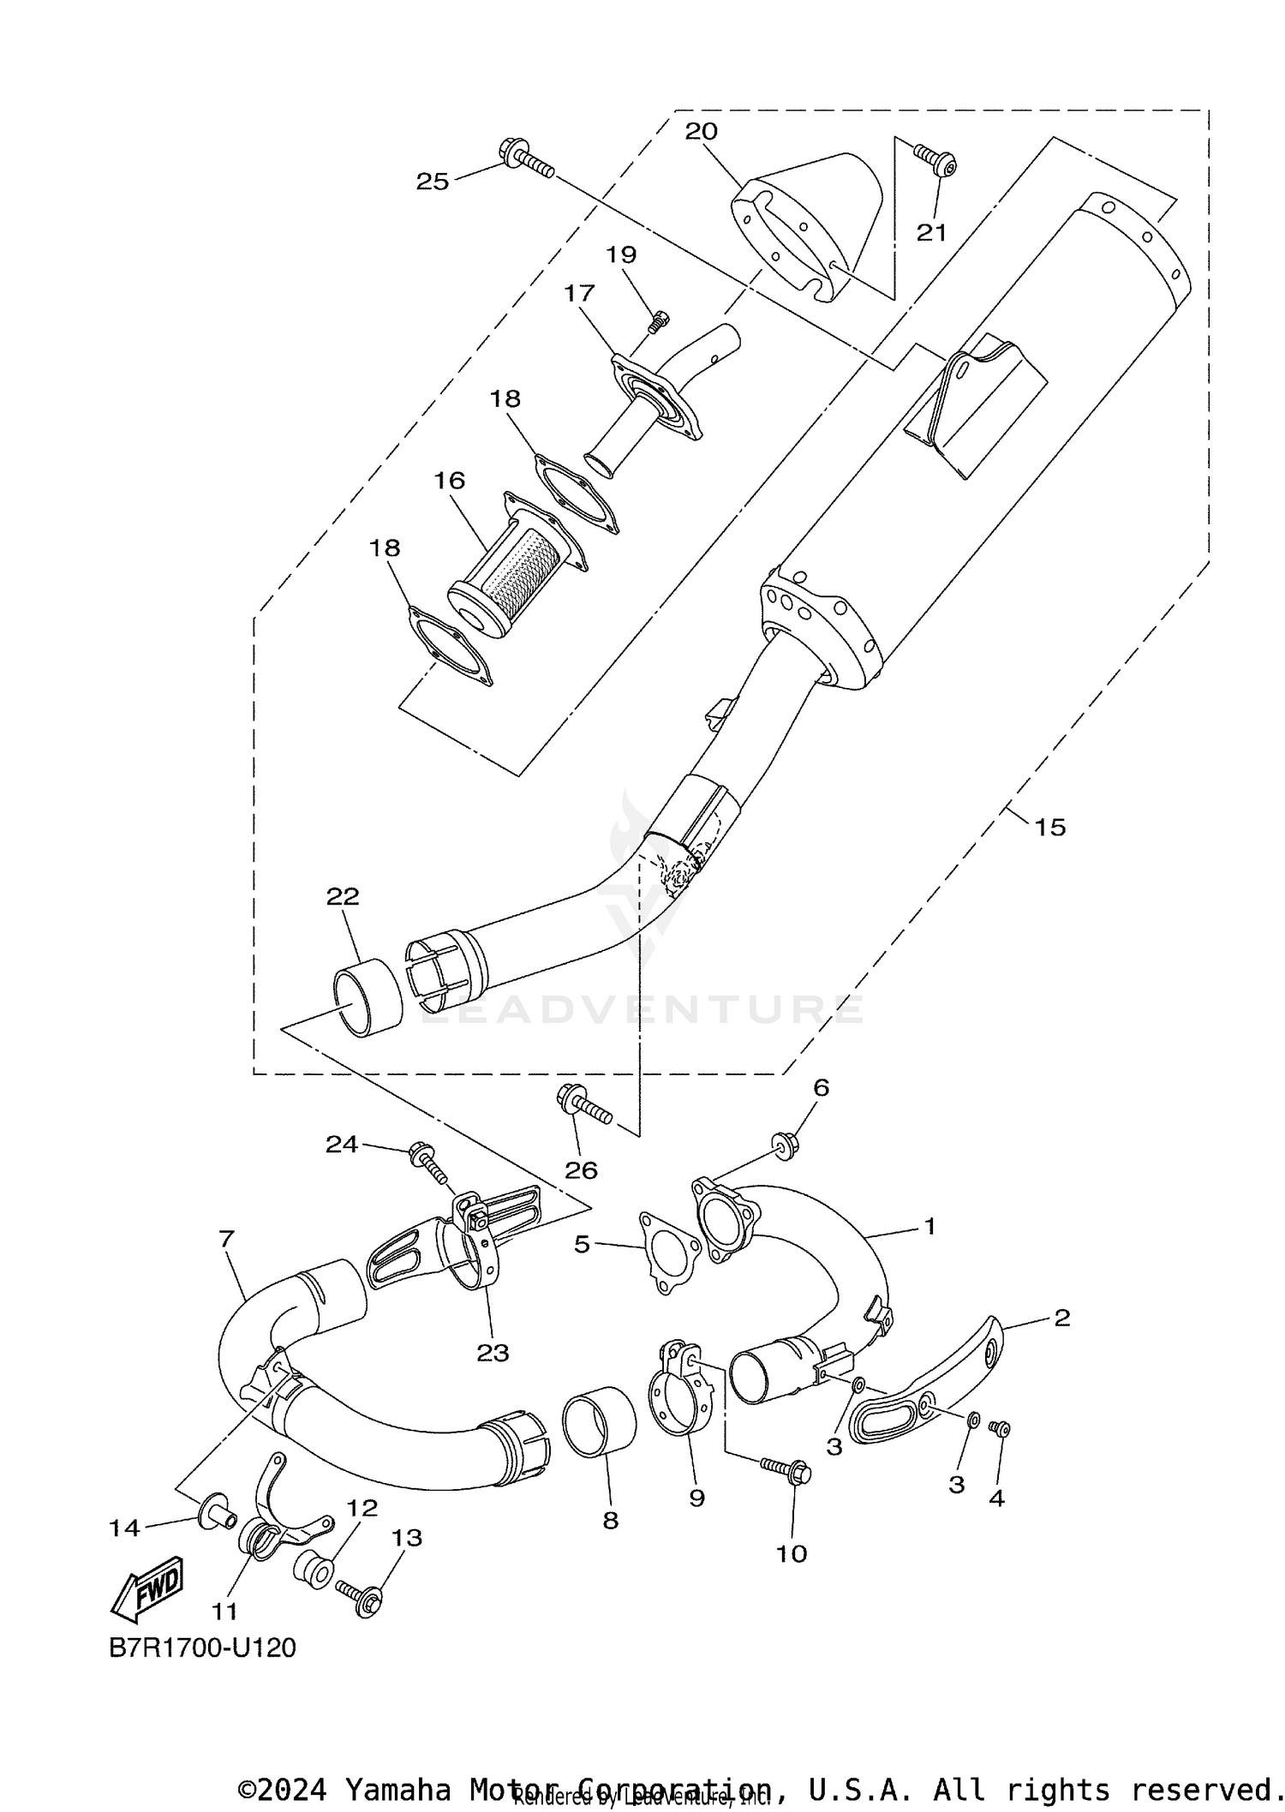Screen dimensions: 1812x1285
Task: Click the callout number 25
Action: tap(433, 181)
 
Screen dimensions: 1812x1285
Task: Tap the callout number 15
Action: tap(1049, 827)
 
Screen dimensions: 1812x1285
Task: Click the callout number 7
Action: tap(226, 1238)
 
